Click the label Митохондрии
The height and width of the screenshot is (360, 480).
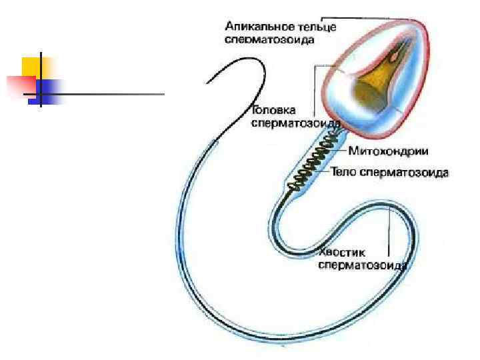coord(383,151)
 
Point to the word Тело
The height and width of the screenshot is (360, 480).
coord(345,173)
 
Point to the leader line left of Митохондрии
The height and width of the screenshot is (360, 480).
coord(341,149)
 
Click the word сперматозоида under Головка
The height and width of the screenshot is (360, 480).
coord(295,123)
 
